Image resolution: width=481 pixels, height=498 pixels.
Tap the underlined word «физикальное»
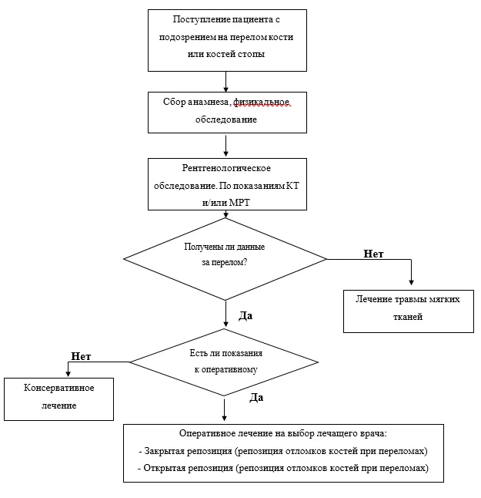tap(261, 103)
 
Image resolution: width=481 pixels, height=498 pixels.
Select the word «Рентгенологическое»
tap(226, 168)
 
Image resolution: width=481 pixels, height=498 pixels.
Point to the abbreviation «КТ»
tap(292, 186)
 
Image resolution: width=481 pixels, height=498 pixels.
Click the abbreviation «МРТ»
tap(239, 202)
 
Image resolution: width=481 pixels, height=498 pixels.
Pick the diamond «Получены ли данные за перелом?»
tap(225, 259)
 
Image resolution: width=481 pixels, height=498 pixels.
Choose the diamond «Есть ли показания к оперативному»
tap(224, 362)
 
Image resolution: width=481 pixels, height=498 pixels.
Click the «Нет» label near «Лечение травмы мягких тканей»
tap(373, 254)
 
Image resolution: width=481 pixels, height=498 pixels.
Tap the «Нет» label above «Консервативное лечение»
tap(81, 356)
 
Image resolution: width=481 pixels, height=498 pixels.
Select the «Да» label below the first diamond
tap(246, 316)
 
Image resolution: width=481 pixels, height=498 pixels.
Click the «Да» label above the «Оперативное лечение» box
tap(256, 398)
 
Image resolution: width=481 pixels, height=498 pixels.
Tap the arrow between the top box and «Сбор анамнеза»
tap(225, 82)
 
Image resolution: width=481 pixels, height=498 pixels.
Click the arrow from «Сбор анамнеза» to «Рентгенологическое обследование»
tap(225, 146)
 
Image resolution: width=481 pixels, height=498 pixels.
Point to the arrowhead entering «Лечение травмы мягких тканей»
tap(411, 282)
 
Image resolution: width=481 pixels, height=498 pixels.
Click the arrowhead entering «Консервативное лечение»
tap(68, 373)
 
